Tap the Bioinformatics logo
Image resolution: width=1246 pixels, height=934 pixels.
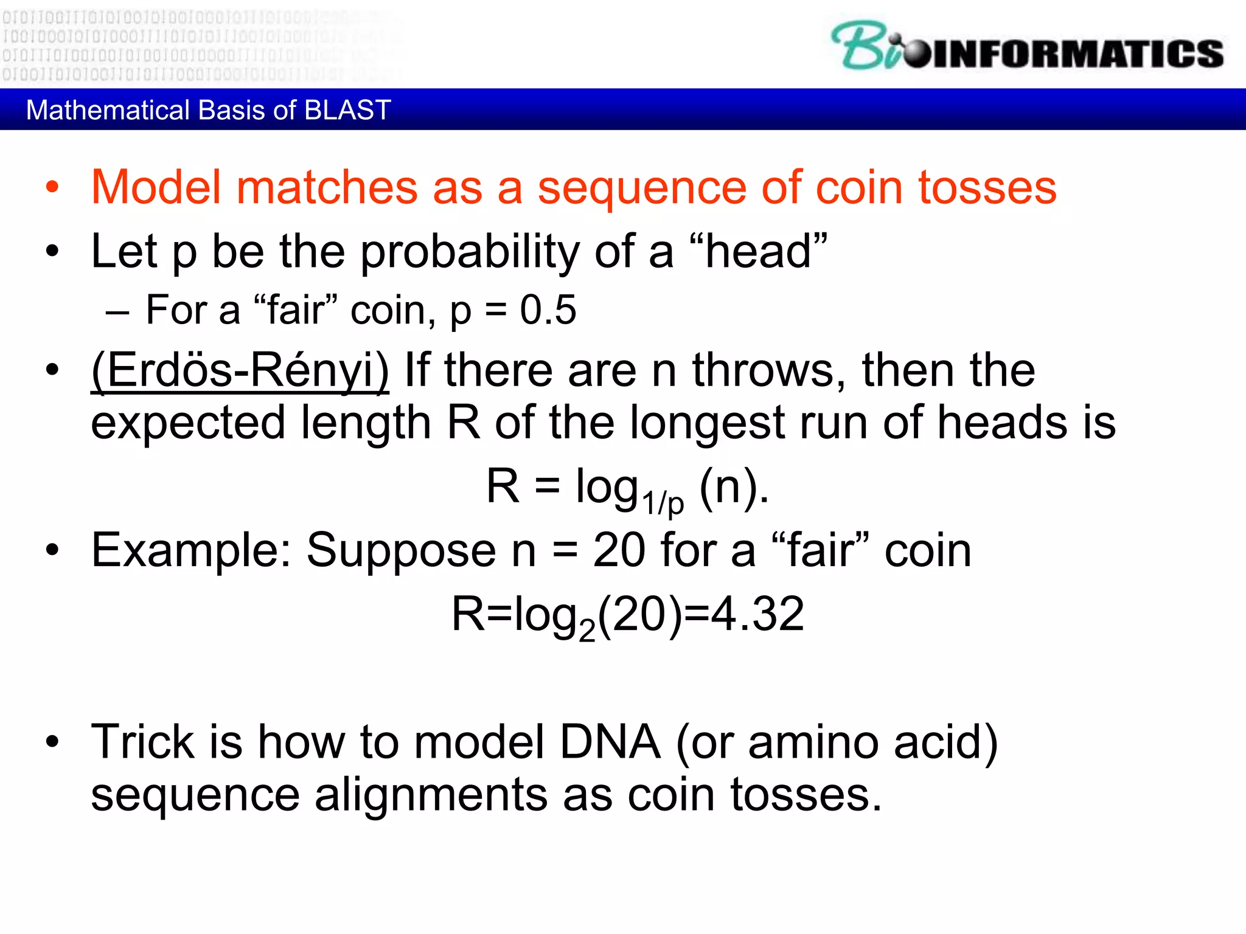click(1027, 47)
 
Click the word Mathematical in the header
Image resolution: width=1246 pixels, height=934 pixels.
click(108, 110)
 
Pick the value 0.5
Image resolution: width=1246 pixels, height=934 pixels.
click(548, 310)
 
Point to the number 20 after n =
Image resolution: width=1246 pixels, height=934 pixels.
click(619, 550)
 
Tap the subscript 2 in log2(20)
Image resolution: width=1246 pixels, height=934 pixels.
click(586, 630)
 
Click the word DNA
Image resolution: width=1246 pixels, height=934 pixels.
click(610, 742)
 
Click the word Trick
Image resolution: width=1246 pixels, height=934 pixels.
click(142, 742)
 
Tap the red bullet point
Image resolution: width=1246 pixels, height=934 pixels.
click(52, 187)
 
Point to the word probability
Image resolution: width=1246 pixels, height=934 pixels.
click(470, 252)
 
